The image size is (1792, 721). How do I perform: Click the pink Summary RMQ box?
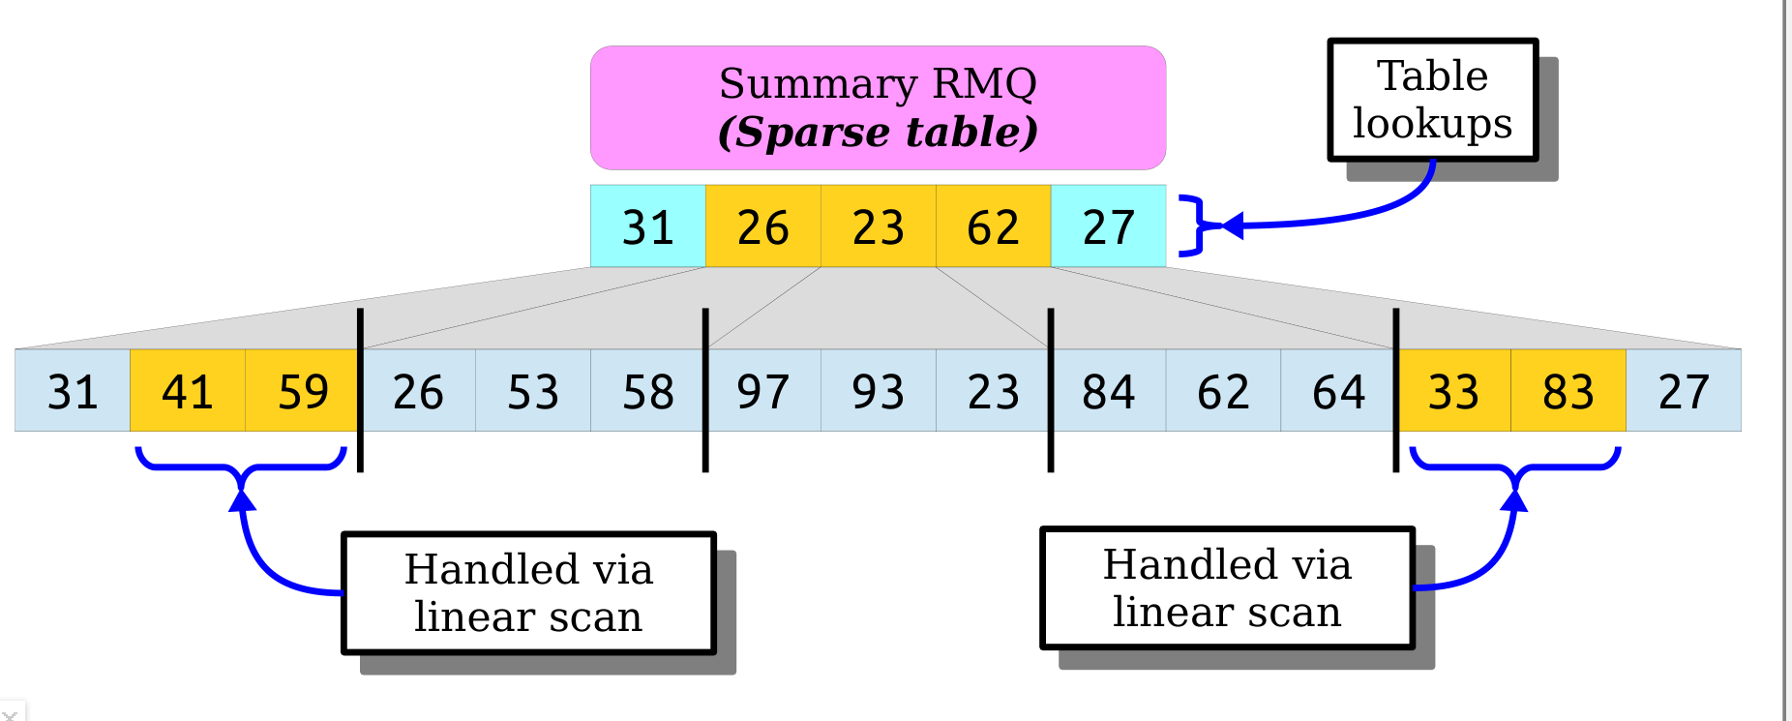tap(878, 107)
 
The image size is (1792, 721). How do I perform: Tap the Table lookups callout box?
tap(1432, 100)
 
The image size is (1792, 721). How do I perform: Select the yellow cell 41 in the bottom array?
tap(187, 391)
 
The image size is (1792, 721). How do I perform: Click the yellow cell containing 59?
tap(302, 391)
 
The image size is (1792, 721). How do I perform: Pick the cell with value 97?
tap(763, 391)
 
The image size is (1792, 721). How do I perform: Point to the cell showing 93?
tap(878, 391)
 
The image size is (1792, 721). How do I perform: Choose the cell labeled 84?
tap(1108, 391)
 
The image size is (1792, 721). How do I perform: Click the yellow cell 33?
tap(1453, 391)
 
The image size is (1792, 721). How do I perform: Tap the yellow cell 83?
tap(1568, 391)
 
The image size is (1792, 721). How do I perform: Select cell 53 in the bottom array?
tap(533, 391)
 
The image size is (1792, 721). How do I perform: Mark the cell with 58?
tap(647, 391)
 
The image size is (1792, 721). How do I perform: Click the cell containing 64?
tap(1338, 391)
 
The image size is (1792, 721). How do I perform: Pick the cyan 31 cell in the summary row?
tap(647, 226)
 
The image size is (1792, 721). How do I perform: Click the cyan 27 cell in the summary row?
tap(1108, 226)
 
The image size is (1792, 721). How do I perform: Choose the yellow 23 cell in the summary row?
tap(878, 226)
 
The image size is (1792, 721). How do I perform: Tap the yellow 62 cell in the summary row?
tap(993, 226)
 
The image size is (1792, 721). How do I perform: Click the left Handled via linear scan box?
tap(528, 592)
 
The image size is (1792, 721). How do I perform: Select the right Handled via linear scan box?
tap(1227, 587)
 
